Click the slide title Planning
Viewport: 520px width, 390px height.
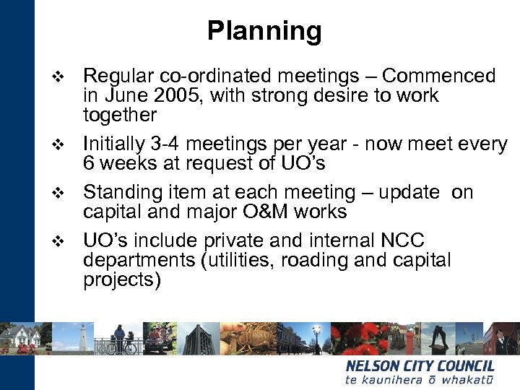pos(264,31)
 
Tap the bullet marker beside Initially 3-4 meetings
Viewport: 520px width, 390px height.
pos(59,146)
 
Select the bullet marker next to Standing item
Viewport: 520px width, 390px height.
pos(59,194)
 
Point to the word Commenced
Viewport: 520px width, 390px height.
pos(439,76)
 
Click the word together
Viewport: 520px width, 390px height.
pos(120,116)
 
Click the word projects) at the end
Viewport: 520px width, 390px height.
pos(122,280)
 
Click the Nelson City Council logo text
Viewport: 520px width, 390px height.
pos(420,366)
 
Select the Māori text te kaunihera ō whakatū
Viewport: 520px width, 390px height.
pos(420,380)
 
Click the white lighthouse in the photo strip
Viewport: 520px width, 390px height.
pos(84,337)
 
